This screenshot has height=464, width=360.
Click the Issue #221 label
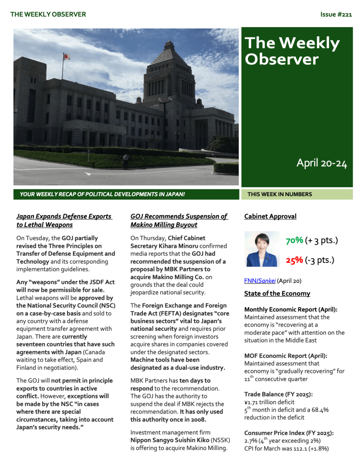point(336,14)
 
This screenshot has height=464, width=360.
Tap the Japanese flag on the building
point(66,57)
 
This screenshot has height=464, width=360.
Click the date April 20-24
point(321,163)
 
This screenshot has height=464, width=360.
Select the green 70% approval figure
point(294,241)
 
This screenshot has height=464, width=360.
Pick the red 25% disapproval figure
point(294,260)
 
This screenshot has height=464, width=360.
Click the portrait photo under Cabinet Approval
point(262,249)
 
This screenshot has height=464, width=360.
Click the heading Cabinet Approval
point(270,216)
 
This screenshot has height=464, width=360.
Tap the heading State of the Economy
point(277,293)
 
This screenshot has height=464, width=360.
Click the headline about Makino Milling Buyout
point(179,220)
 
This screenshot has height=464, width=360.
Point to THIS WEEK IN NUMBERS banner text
point(279,194)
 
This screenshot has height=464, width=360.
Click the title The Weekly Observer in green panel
point(292,51)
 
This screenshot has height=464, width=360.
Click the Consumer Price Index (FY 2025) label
point(289,433)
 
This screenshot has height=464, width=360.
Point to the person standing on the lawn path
point(125,161)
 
